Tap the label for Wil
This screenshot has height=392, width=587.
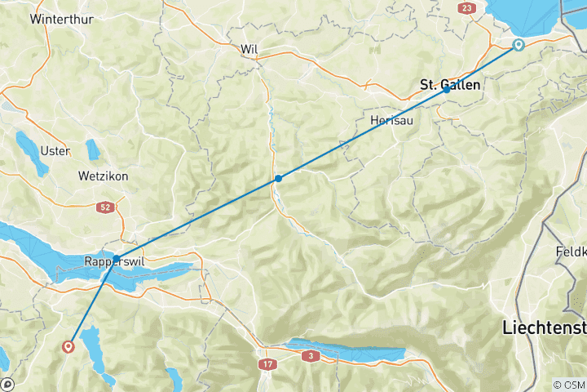point(249,50)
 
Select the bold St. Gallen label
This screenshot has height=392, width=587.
point(449,84)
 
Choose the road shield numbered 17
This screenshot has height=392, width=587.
point(267,363)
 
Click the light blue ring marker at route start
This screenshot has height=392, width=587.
point(519,45)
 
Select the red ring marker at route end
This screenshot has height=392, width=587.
point(68,346)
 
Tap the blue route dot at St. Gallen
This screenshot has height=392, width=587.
point(447,90)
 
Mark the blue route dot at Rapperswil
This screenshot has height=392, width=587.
point(117,259)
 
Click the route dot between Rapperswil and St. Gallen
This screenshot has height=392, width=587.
point(278,178)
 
